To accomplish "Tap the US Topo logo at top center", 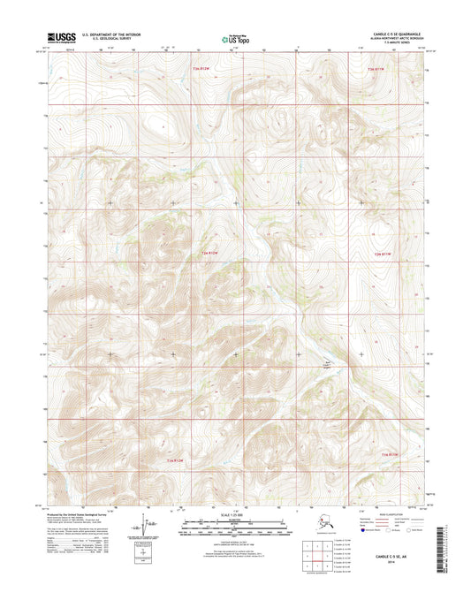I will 234,39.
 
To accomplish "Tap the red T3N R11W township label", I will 377,67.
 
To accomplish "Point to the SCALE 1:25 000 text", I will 234,515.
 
